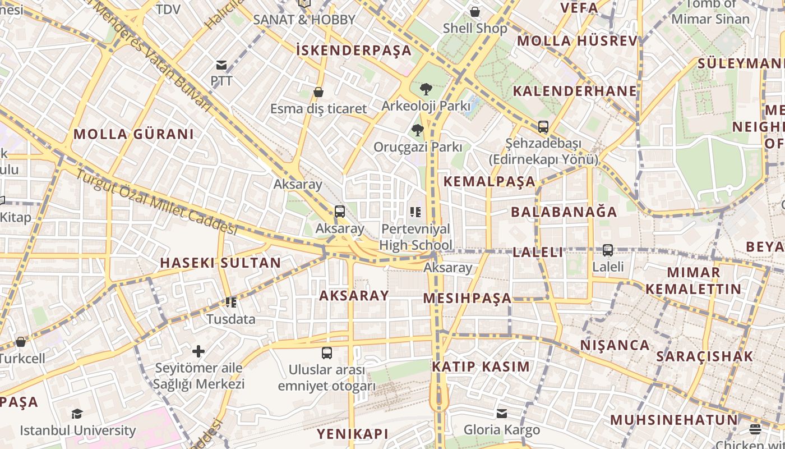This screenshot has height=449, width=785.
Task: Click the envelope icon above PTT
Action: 221,65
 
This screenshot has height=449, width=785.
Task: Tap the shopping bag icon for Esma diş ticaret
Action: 318,92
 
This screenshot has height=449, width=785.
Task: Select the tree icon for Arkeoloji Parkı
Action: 426,89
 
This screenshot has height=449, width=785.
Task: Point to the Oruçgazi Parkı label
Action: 418,147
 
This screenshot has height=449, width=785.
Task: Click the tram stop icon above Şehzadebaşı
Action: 543,127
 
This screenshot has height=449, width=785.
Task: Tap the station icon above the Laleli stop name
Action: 608,250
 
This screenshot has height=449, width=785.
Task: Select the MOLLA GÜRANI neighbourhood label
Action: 133,134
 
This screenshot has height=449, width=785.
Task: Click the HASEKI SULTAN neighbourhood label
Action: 220,263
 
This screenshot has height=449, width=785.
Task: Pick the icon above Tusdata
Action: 230,303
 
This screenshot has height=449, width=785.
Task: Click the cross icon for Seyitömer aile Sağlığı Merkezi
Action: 198,351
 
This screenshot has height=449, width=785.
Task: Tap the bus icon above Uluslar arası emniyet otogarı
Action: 327,353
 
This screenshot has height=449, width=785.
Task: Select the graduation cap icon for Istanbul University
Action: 77,414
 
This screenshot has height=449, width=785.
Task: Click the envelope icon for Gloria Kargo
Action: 502,414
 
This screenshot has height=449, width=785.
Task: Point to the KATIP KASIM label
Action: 481,366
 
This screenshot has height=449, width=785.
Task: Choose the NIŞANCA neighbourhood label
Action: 615,345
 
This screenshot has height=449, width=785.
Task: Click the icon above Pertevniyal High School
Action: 415,212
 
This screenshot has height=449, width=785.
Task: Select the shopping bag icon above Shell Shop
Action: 475,12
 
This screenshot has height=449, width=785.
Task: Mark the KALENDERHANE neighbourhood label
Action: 575,91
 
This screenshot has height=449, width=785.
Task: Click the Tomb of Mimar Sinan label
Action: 710,11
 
